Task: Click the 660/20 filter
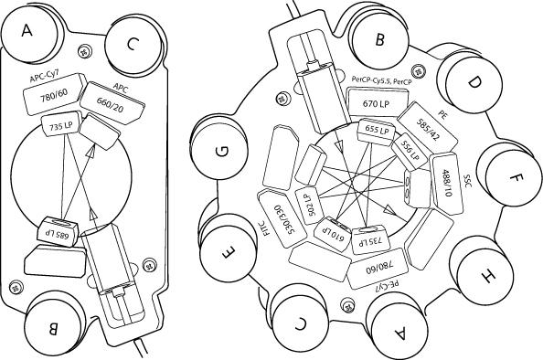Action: coord(112,103)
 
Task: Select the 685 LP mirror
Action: coord(59,231)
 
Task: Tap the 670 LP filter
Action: coord(378,102)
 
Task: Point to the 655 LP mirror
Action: coord(377,130)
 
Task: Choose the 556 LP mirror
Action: coord(410,151)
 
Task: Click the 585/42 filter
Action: coord(427,128)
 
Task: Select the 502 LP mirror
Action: coord(309,206)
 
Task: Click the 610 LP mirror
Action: coord(333,233)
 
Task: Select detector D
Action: coord(473,82)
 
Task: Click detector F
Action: coord(513,179)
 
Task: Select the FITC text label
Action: coord(266,228)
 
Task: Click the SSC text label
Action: coord(468,180)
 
